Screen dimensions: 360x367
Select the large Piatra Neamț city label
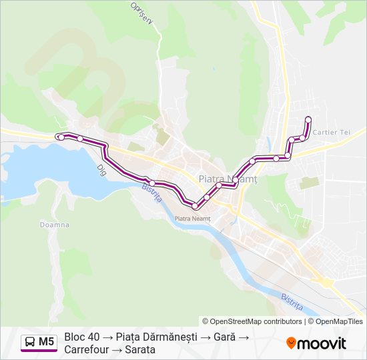pos(228,179)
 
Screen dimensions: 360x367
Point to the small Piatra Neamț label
pos(192,218)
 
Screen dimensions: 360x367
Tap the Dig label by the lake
pos(102,169)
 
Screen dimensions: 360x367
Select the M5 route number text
pos(46,343)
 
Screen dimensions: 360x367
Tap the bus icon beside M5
pos(31,343)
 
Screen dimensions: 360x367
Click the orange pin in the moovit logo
pos(291,343)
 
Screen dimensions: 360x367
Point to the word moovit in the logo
pos(322,343)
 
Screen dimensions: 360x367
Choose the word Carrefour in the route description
pos(86,349)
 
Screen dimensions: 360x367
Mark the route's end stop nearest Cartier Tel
pos(308,119)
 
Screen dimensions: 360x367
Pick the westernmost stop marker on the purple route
pos(61,137)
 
